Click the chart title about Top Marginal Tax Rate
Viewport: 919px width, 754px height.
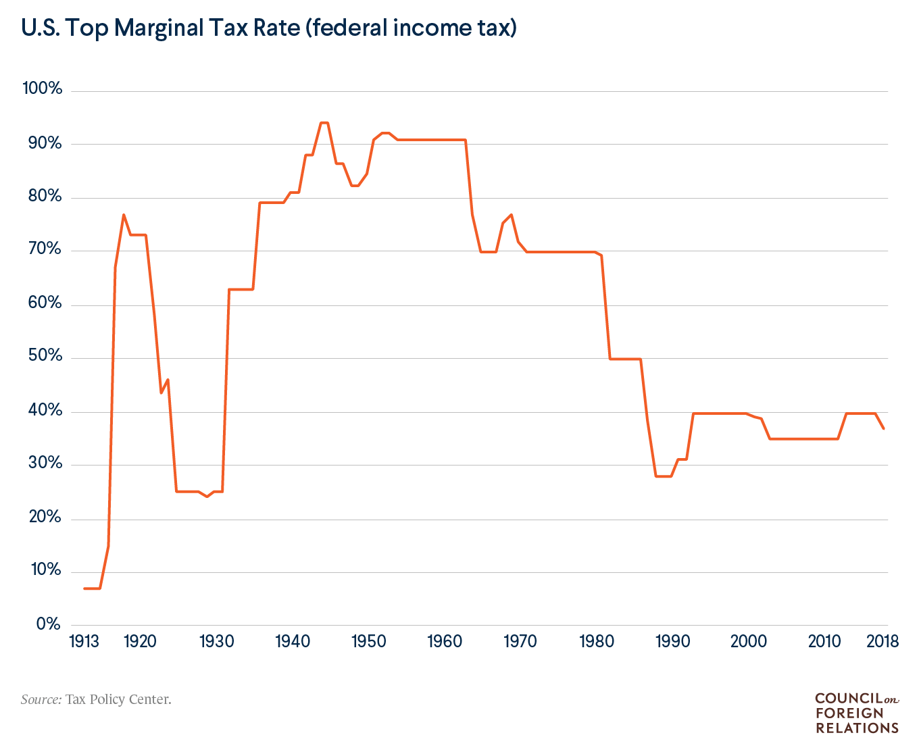pos(269,28)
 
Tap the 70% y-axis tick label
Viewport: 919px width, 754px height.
pos(44,249)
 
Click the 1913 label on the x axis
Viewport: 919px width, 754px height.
pos(84,641)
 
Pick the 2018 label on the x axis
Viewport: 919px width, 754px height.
pos(883,641)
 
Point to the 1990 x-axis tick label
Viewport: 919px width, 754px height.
pos(672,641)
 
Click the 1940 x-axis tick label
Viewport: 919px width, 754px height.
pos(292,641)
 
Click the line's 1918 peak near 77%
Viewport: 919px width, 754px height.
pos(124,215)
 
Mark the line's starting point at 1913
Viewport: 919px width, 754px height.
pos(84,588)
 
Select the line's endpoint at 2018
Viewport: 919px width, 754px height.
pos(883,428)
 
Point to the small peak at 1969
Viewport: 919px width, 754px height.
pos(512,215)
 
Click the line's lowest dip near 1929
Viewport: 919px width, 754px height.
pos(207,497)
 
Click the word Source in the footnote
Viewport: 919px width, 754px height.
pos(41,699)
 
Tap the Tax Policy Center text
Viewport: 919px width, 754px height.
pos(118,699)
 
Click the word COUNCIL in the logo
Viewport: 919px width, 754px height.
pos(849,699)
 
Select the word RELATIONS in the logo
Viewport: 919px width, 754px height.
pos(857,728)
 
